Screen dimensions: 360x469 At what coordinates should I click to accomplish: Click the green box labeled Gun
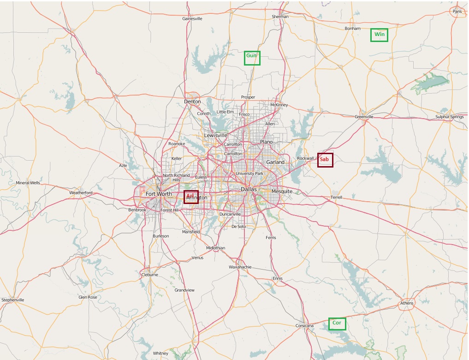click(x=252, y=58)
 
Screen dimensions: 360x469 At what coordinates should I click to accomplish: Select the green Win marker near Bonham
click(x=379, y=35)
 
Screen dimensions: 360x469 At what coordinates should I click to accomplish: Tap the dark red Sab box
click(x=325, y=160)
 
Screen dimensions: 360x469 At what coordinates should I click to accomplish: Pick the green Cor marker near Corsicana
click(x=337, y=324)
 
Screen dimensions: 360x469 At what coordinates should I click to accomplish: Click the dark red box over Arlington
click(x=191, y=197)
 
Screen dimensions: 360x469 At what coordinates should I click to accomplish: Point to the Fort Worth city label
click(x=159, y=194)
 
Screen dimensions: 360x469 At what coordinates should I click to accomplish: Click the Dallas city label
click(x=249, y=190)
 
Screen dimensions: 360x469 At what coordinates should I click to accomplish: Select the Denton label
click(x=192, y=102)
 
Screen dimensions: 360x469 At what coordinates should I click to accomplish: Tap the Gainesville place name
click(x=192, y=19)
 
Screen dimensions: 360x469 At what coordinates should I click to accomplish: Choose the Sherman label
click(x=280, y=17)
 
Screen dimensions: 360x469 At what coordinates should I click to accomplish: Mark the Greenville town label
click(x=364, y=117)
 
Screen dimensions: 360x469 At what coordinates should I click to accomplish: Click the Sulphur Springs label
click(x=449, y=117)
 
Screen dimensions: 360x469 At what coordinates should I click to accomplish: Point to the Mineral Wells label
click(x=28, y=183)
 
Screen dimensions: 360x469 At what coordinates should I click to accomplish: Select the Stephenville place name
click(x=13, y=300)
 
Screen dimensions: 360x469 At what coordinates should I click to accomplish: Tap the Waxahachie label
click(x=240, y=267)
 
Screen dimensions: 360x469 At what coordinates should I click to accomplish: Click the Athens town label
click(x=407, y=303)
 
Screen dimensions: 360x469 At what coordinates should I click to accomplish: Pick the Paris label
click(x=457, y=12)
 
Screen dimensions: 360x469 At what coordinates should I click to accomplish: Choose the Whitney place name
click(x=160, y=354)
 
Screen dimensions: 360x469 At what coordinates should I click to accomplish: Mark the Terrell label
click(x=336, y=198)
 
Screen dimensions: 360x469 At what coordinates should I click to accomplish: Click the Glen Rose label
click(x=88, y=297)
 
